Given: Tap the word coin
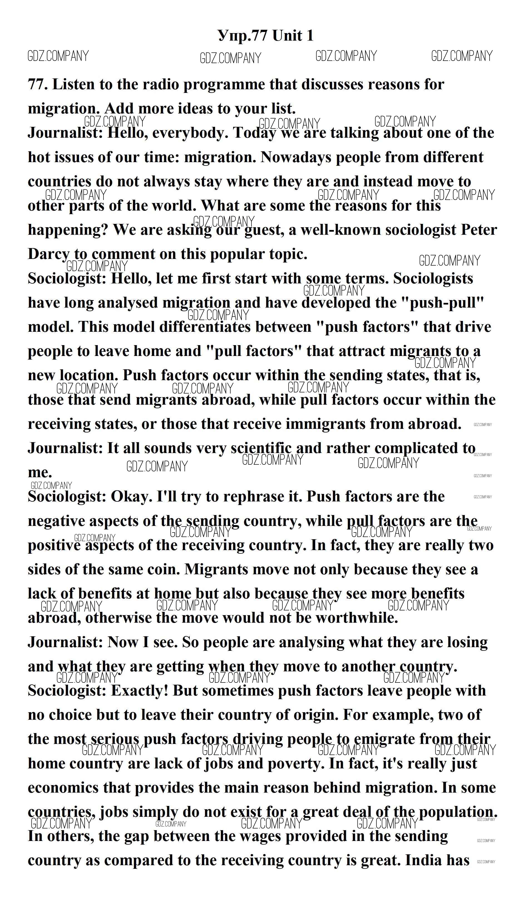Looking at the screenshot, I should click(x=164, y=569).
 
